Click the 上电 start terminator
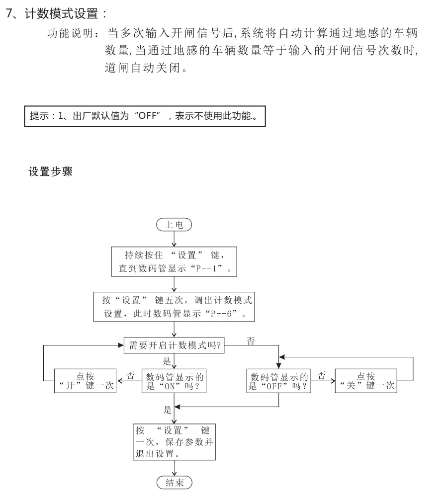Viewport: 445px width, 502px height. point(174,225)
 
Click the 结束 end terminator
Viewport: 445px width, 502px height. point(174,482)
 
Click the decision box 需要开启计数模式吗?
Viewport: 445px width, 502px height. point(174,346)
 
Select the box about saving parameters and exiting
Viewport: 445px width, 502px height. point(174,440)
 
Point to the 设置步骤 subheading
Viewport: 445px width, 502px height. point(51,172)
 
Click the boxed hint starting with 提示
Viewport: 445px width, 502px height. point(145,117)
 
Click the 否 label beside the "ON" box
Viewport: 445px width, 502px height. point(130,375)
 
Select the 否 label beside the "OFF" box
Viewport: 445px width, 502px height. point(322,375)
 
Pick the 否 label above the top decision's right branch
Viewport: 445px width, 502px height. point(251,340)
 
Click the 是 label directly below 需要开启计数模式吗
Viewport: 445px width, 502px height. point(167,361)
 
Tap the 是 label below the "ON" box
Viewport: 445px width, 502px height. point(167,410)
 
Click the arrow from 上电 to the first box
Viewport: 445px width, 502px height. point(174,239)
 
